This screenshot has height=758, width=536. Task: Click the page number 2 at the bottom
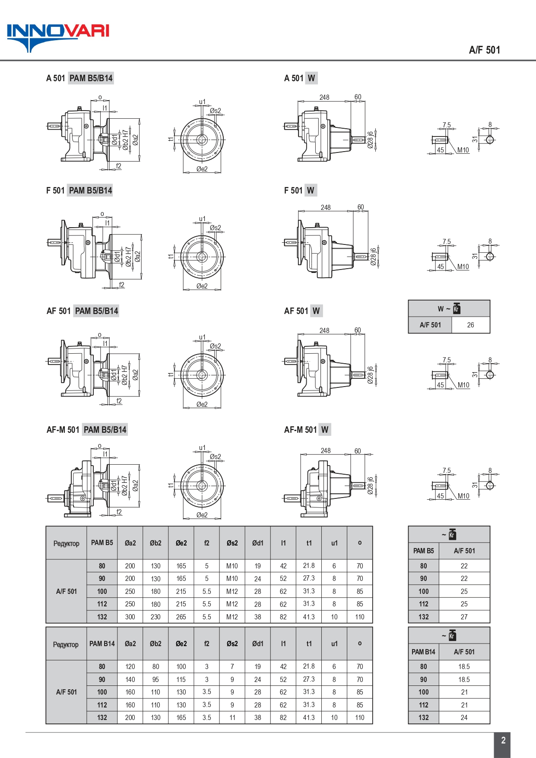coord(503,740)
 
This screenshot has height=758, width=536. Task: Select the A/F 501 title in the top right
coord(484,50)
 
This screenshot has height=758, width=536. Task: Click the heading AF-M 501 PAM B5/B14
coord(87,430)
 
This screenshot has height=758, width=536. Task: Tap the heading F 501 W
coord(299,190)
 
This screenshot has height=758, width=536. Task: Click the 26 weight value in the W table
coord(470,325)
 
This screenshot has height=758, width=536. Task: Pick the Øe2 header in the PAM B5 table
coord(181,543)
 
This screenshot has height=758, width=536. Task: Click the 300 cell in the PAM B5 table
coord(130,617)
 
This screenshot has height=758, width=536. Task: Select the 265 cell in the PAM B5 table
coord(181,617)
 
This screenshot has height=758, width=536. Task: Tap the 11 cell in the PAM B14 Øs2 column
coord(232,717)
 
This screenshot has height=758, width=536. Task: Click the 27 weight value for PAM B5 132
coord(464,617)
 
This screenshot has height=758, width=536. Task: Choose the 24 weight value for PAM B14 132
coord(464,717)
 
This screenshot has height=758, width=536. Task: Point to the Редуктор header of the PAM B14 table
coord(66,644)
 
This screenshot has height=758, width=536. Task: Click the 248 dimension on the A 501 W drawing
coord(324,97)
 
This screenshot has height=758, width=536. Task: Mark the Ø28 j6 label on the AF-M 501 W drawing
coord(370,485)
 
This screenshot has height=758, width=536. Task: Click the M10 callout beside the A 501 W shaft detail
coord(463,150)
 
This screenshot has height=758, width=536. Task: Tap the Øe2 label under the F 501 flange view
coord(202,286)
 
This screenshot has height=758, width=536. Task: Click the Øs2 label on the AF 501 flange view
coord(215,346)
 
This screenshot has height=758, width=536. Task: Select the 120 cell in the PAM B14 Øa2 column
coord(130,666)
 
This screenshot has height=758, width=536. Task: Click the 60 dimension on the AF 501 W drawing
coord(358,330)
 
